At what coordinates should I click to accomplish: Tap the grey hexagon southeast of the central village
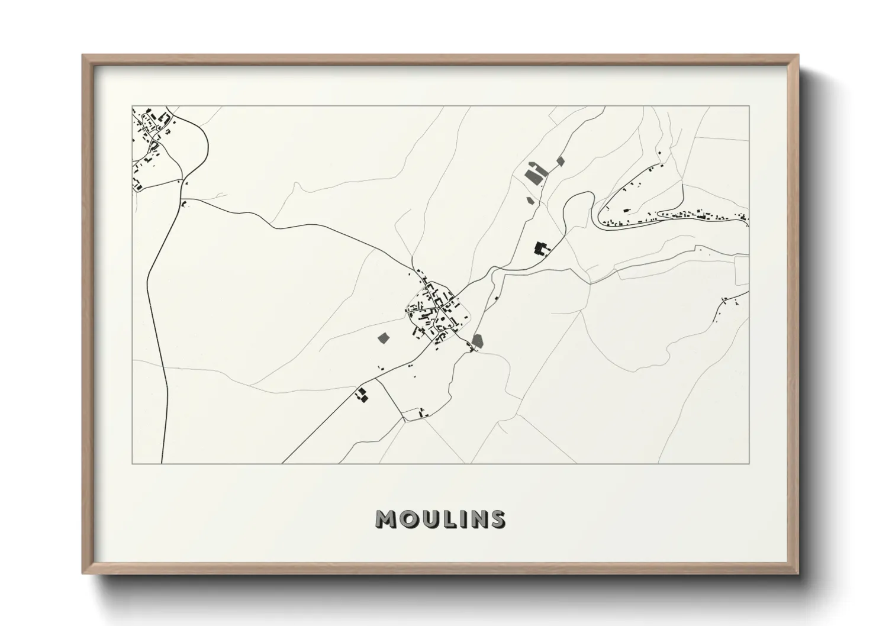pos(478,341)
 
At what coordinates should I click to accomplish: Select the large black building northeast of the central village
pos(540,248)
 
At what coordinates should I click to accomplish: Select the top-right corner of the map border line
pos(749,107)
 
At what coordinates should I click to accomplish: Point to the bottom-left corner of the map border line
pos(132,463)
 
